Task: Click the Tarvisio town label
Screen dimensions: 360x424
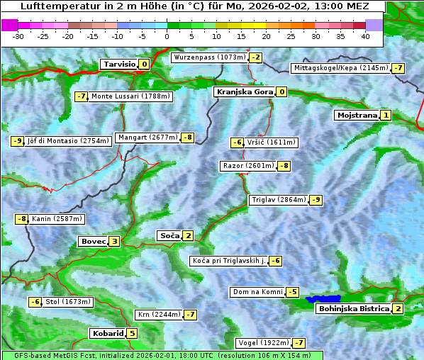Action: [118, 64]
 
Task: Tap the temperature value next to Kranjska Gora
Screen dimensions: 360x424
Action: [281, 91]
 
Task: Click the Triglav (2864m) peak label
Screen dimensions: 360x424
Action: [279, 200]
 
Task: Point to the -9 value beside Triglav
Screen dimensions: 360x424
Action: [316, 200]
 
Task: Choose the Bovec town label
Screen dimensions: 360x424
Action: [93, 241]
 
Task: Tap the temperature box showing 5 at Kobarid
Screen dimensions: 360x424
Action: [132, 333]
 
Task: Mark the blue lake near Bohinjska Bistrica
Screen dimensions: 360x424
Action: [323, 300]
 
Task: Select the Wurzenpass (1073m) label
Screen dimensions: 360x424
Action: [210, 57]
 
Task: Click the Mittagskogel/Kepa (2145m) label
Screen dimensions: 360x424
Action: [341, 68]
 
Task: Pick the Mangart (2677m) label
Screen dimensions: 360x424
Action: [147, 137]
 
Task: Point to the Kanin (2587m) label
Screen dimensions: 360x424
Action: [57, 219]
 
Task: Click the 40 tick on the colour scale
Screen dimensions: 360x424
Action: [365, 35]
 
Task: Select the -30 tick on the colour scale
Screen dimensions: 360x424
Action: [18, 35]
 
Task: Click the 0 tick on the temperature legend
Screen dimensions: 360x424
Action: [167, 35]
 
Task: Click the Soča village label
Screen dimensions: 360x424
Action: [169, 235]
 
